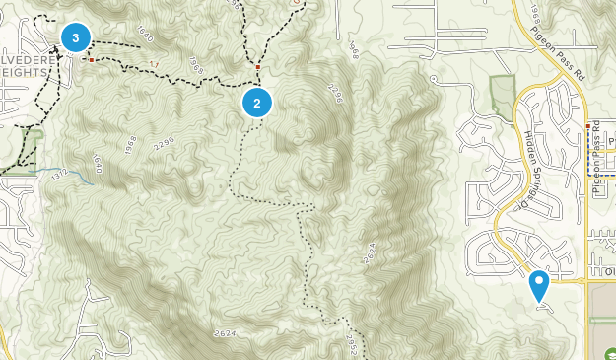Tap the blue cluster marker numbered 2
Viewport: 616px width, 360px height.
point(256,102)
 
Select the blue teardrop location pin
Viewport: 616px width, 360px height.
point(539,285)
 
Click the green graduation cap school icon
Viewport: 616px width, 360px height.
point(609,354)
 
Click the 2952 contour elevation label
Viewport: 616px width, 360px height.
point(354,339)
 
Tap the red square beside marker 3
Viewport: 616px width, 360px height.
point(92,60)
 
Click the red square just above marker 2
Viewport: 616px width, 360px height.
point(258,67)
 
